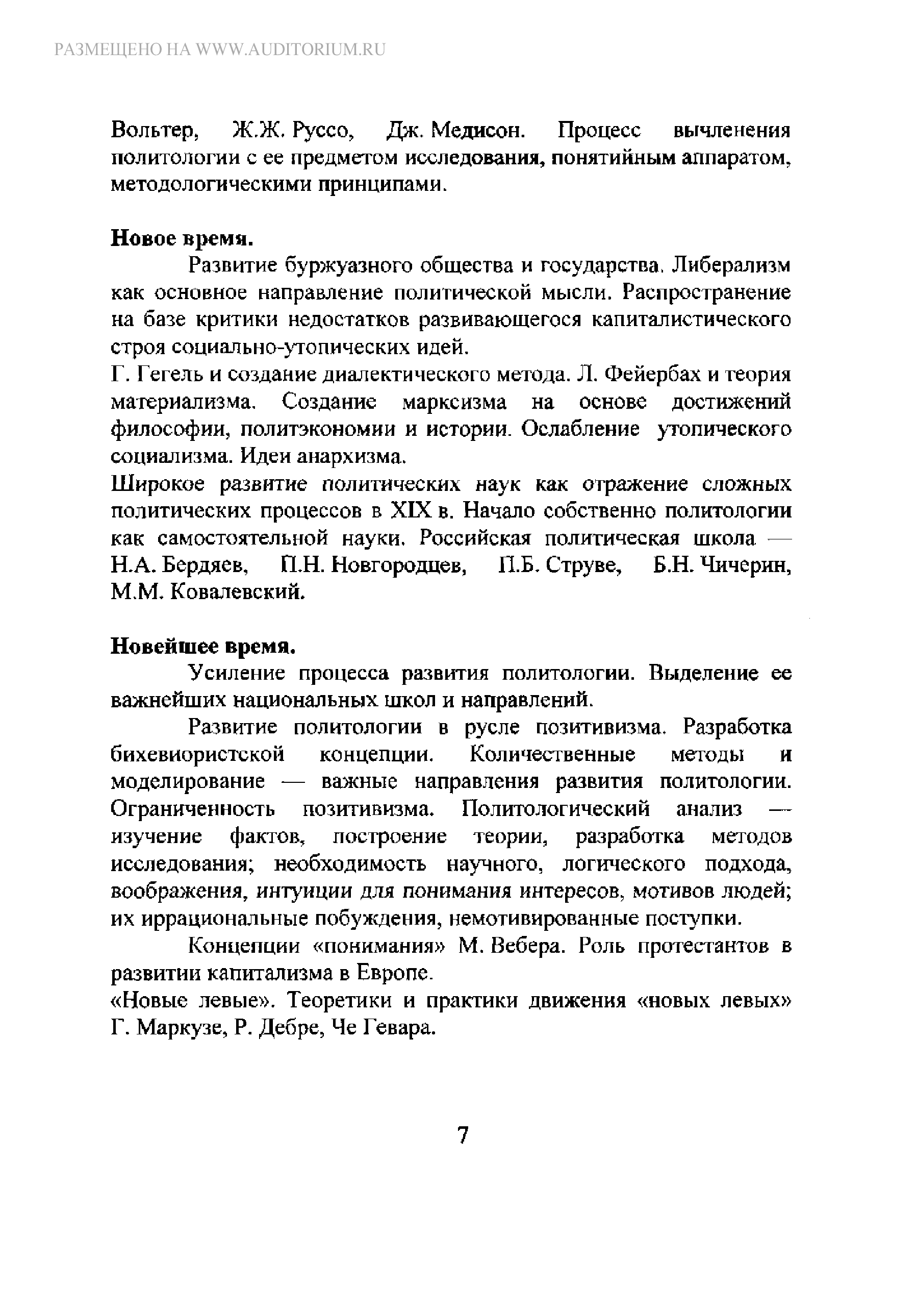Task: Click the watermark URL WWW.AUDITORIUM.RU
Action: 291,50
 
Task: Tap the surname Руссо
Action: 323,131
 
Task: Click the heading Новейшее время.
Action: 203,647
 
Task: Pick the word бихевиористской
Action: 197,755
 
